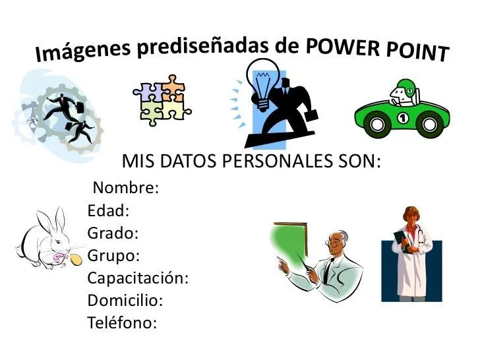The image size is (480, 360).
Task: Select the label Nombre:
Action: (x=125, y=188)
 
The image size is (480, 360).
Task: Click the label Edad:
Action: (x=108, y=211)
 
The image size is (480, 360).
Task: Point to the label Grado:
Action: (x=113, y=233)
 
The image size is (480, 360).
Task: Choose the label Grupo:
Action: (x=113, y=255)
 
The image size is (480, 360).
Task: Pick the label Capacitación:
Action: (x=138, y=278)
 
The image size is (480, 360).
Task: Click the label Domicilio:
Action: (x=125, y=300)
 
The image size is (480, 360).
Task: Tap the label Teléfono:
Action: (x=122, y=322)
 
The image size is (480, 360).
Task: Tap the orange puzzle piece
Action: (x=172, y=86)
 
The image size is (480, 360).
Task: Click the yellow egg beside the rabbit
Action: (x=78, y=258)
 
